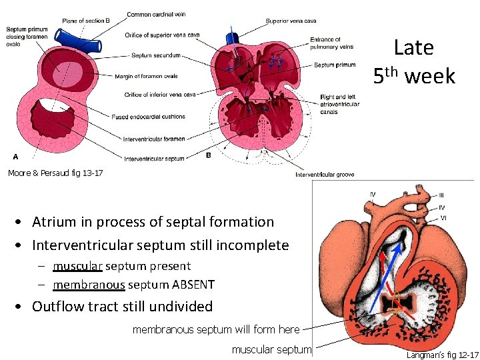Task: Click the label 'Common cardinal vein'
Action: (x=156, y=14)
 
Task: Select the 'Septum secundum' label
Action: (x=156, y=55)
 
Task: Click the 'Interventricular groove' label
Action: (x=325, y=175)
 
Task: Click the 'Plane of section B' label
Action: (x=86, y=21)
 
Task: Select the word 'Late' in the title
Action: (x=413, y=47)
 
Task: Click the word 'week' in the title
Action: (x=430, y=77)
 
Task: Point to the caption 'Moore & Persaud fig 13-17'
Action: (x=55, y=173)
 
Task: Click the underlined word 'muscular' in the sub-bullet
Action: (x=77, y=266)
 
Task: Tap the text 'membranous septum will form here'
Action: (x=216, y=329)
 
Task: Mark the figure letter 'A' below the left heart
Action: (x=16, y=157)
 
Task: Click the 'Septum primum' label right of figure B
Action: (x=334, y=65)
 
